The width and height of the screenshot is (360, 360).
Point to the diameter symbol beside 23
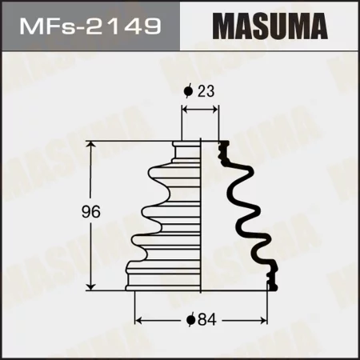pyautogui.click(x=189, y=91)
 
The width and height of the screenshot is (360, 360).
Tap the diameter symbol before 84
pyautogui.click(x=191, y=320)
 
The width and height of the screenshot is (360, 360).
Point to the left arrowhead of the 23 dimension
pyautogui.click(x=186, y=111)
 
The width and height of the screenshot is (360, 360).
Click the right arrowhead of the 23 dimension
pyautogui.click(x=216, y=111)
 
